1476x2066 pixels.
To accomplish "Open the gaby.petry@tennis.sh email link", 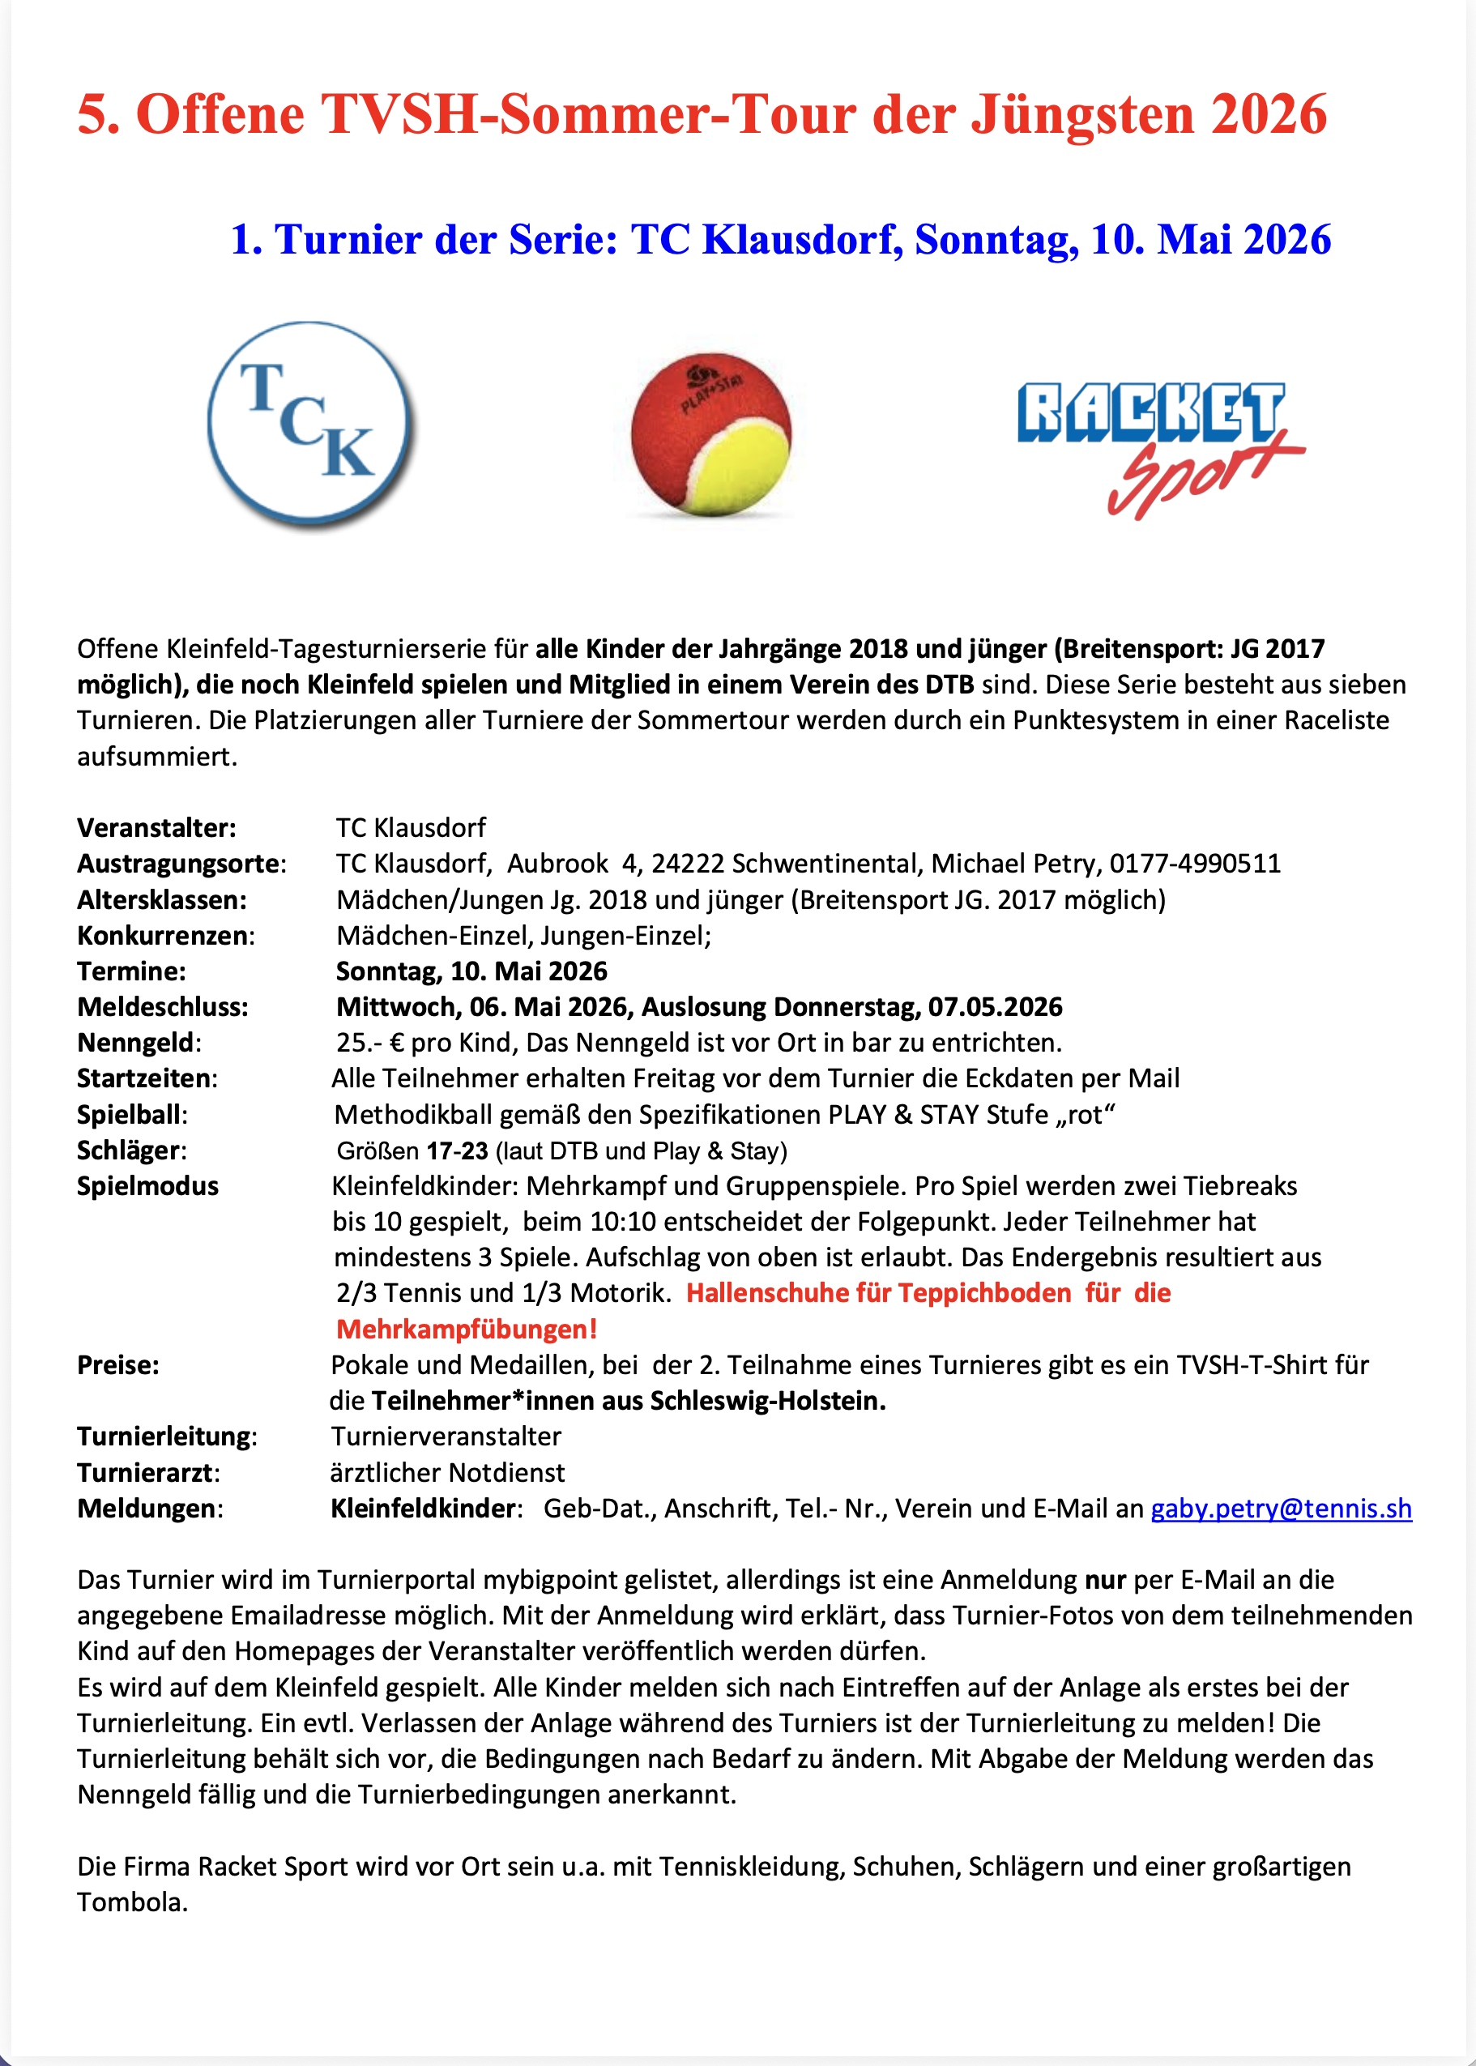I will pos(1281,1509).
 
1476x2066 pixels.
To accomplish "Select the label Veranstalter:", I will pos(156,828).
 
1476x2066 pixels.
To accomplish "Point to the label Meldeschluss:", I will pos(163,1007).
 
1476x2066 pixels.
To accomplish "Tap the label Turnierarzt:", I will pos(148,1472).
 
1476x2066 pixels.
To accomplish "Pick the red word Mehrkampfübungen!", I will pos(467,1330).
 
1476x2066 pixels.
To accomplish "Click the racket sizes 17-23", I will pos(457,1150).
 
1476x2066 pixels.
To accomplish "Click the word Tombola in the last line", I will pos(132,1902).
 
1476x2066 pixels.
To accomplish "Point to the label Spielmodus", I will pos(147,1186).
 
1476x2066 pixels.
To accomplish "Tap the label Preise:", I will pos(118,1365).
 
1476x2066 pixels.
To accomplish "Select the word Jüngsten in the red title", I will pos(1082,114).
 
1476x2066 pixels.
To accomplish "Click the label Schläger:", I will pos(132,1150).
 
